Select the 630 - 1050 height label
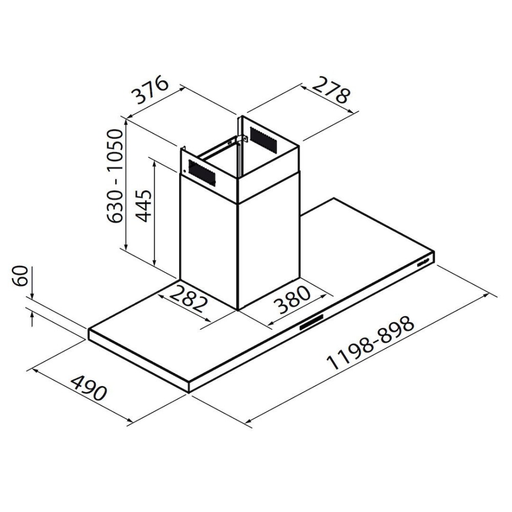pos(116,176)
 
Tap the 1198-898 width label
pos(370,343)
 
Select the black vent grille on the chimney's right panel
pos(264,138)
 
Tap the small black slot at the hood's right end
pos(423,262)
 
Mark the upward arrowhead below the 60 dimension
pos(32,314)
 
